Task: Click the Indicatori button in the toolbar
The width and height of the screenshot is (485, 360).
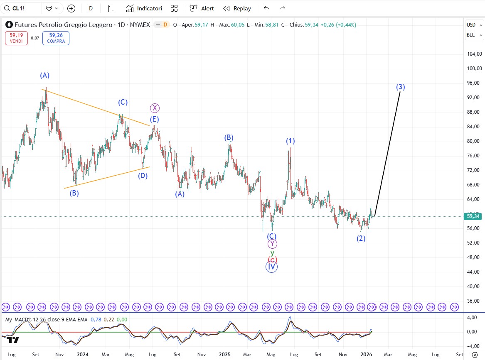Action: pos(144,8)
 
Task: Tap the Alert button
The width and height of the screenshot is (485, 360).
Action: pos(202,8)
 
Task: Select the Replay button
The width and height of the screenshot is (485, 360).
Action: pos(237,8)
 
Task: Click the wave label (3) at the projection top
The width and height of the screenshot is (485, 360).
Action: pos(400,87)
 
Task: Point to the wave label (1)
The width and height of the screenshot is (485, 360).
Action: pos(291,141)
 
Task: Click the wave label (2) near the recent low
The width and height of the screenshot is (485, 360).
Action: pos(361,238)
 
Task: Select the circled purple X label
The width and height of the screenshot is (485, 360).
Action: pos(155,108)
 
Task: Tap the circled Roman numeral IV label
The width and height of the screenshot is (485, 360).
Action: pos(271,267)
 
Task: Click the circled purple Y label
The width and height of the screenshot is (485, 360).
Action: pos(272,244)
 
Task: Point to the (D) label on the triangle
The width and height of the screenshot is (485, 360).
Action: pos(143,175)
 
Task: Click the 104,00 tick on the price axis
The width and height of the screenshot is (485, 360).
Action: pos(474,54)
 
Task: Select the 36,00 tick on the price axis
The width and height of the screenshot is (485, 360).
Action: pos(474,301)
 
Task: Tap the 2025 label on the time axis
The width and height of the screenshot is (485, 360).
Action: pos(224,355)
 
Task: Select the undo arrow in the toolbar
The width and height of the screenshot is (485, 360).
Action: pos(267,8)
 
